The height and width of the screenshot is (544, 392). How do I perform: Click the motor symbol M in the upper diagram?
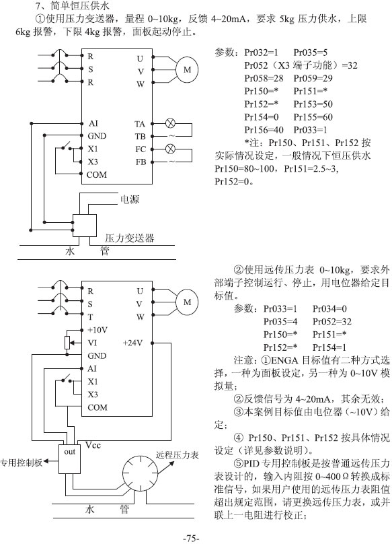[x=187, y=69]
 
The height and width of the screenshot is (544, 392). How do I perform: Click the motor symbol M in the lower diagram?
[x=187, y=302]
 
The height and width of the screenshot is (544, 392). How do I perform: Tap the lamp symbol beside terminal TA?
[x=170, y=123]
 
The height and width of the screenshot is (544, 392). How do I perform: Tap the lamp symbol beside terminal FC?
[x=170, y=149]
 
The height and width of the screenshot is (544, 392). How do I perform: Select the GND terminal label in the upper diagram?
[x=97, y=136]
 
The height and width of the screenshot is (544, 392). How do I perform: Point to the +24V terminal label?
[x=132, y=343]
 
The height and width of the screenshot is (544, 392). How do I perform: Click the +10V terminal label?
[x=97, y=330]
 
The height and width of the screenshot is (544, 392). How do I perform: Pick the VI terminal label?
[x=92, y=343]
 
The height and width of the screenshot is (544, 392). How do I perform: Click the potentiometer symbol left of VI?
[x=68, y=343]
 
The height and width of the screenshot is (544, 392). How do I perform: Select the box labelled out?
[x=70, y=459]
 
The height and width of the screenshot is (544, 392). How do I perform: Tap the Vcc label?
[x=93, y=445]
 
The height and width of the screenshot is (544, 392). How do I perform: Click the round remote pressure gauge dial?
[x=141, y=473]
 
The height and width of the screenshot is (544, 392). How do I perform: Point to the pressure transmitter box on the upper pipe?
[x=84, y=226]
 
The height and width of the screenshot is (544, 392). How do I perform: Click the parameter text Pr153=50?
[x=313, y=104]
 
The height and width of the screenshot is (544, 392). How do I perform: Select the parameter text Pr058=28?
[x=264, y=78]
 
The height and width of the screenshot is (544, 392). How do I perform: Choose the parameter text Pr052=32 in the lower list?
[x=332, y=322]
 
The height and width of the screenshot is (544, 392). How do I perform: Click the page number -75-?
[x=191, y=538]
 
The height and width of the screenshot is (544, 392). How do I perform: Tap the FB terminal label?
[x=141, y=162]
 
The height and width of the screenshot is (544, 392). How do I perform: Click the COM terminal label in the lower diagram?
[x=97, y=407]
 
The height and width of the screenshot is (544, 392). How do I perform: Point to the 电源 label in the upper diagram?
[x=129, y=199]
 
